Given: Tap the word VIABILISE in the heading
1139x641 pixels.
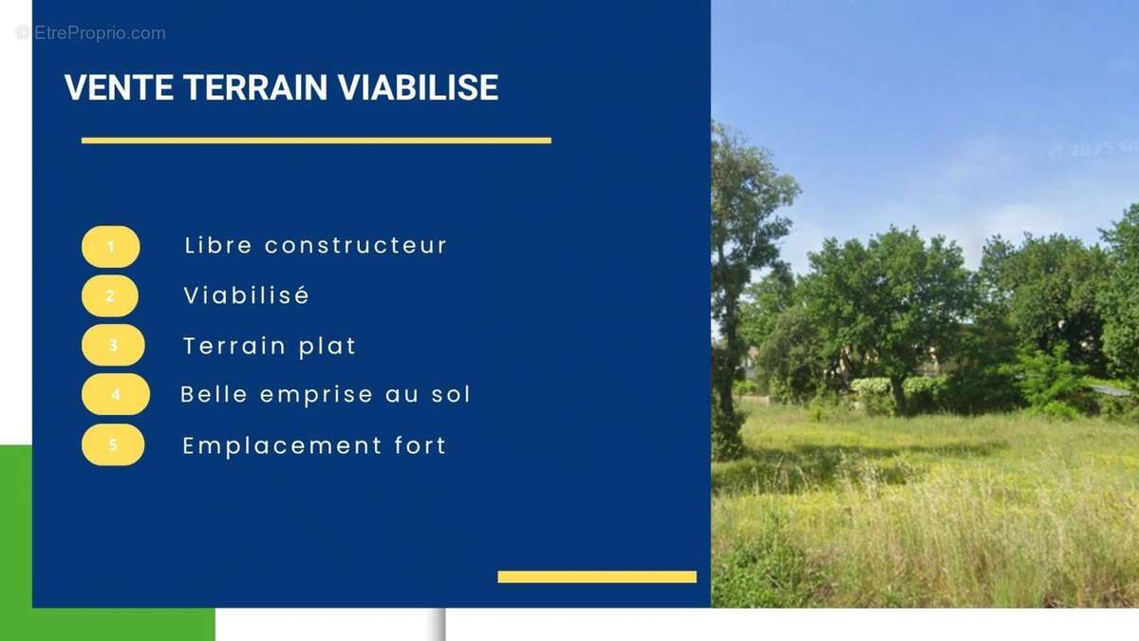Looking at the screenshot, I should [419, 87].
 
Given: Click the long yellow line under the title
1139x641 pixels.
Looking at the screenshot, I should [316, 141].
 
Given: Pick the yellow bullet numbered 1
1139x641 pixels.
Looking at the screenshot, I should [110, 247].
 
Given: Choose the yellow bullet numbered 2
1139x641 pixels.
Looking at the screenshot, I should [110, 296].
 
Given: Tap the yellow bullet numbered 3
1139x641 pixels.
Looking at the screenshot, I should [113, 346].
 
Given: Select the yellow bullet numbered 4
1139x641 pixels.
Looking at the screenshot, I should [116, 394].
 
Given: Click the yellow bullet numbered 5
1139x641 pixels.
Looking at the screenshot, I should [113, 444].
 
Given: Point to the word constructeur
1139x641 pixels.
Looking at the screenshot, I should [356, 245].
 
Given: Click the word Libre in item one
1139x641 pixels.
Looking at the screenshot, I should [218, 245].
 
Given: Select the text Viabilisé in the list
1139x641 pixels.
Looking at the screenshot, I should [247, 295].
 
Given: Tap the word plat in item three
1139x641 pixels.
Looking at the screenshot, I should [327, 346].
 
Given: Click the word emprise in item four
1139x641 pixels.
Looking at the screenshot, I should [309, 395].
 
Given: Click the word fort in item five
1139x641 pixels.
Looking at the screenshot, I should [420, 445].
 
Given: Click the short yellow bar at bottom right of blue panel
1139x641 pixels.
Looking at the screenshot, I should [597, 576].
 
